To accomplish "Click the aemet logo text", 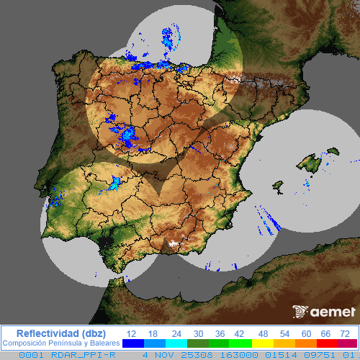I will [x=333, y=312].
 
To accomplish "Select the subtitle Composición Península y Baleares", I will [x=60, y=343].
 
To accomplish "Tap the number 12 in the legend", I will [x=131, y=333].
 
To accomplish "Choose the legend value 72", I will [x=345, y=333].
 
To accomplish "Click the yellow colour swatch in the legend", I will [x=263, y=343].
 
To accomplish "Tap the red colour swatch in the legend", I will [x=324, y=343].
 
